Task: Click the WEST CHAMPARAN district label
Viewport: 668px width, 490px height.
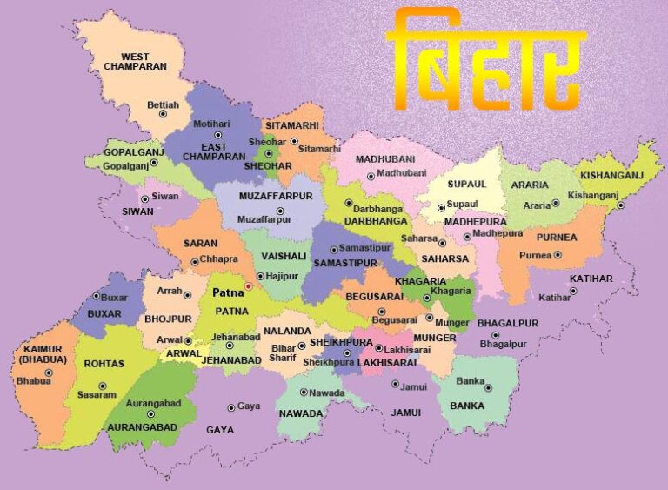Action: [134, 61]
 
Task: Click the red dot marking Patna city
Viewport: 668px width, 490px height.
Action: [248, 285]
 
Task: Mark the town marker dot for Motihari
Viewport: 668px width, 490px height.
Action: [218, 136]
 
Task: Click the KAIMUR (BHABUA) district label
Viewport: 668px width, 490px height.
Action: [37, 353]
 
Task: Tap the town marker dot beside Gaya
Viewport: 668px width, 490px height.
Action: [231, 406]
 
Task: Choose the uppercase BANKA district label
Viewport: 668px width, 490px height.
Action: [468, 406]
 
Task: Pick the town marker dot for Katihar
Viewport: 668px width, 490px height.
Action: [573, 291]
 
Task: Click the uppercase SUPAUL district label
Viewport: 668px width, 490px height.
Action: [467, 185]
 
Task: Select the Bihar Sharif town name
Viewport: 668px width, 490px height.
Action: [284, 352]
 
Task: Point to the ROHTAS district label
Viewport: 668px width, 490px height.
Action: [104, 364]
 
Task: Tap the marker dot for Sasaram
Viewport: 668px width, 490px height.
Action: [103, 386]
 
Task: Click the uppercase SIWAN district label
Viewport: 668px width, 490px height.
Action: [137, 211]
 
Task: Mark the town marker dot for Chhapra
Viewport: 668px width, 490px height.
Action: [193, 259]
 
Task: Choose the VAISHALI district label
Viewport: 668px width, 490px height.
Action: [284, 257]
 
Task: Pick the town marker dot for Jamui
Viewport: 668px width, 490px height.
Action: [395, 384]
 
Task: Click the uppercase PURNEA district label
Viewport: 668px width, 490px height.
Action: [557, 237]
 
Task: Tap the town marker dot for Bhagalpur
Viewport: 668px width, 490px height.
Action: [495, 335]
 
